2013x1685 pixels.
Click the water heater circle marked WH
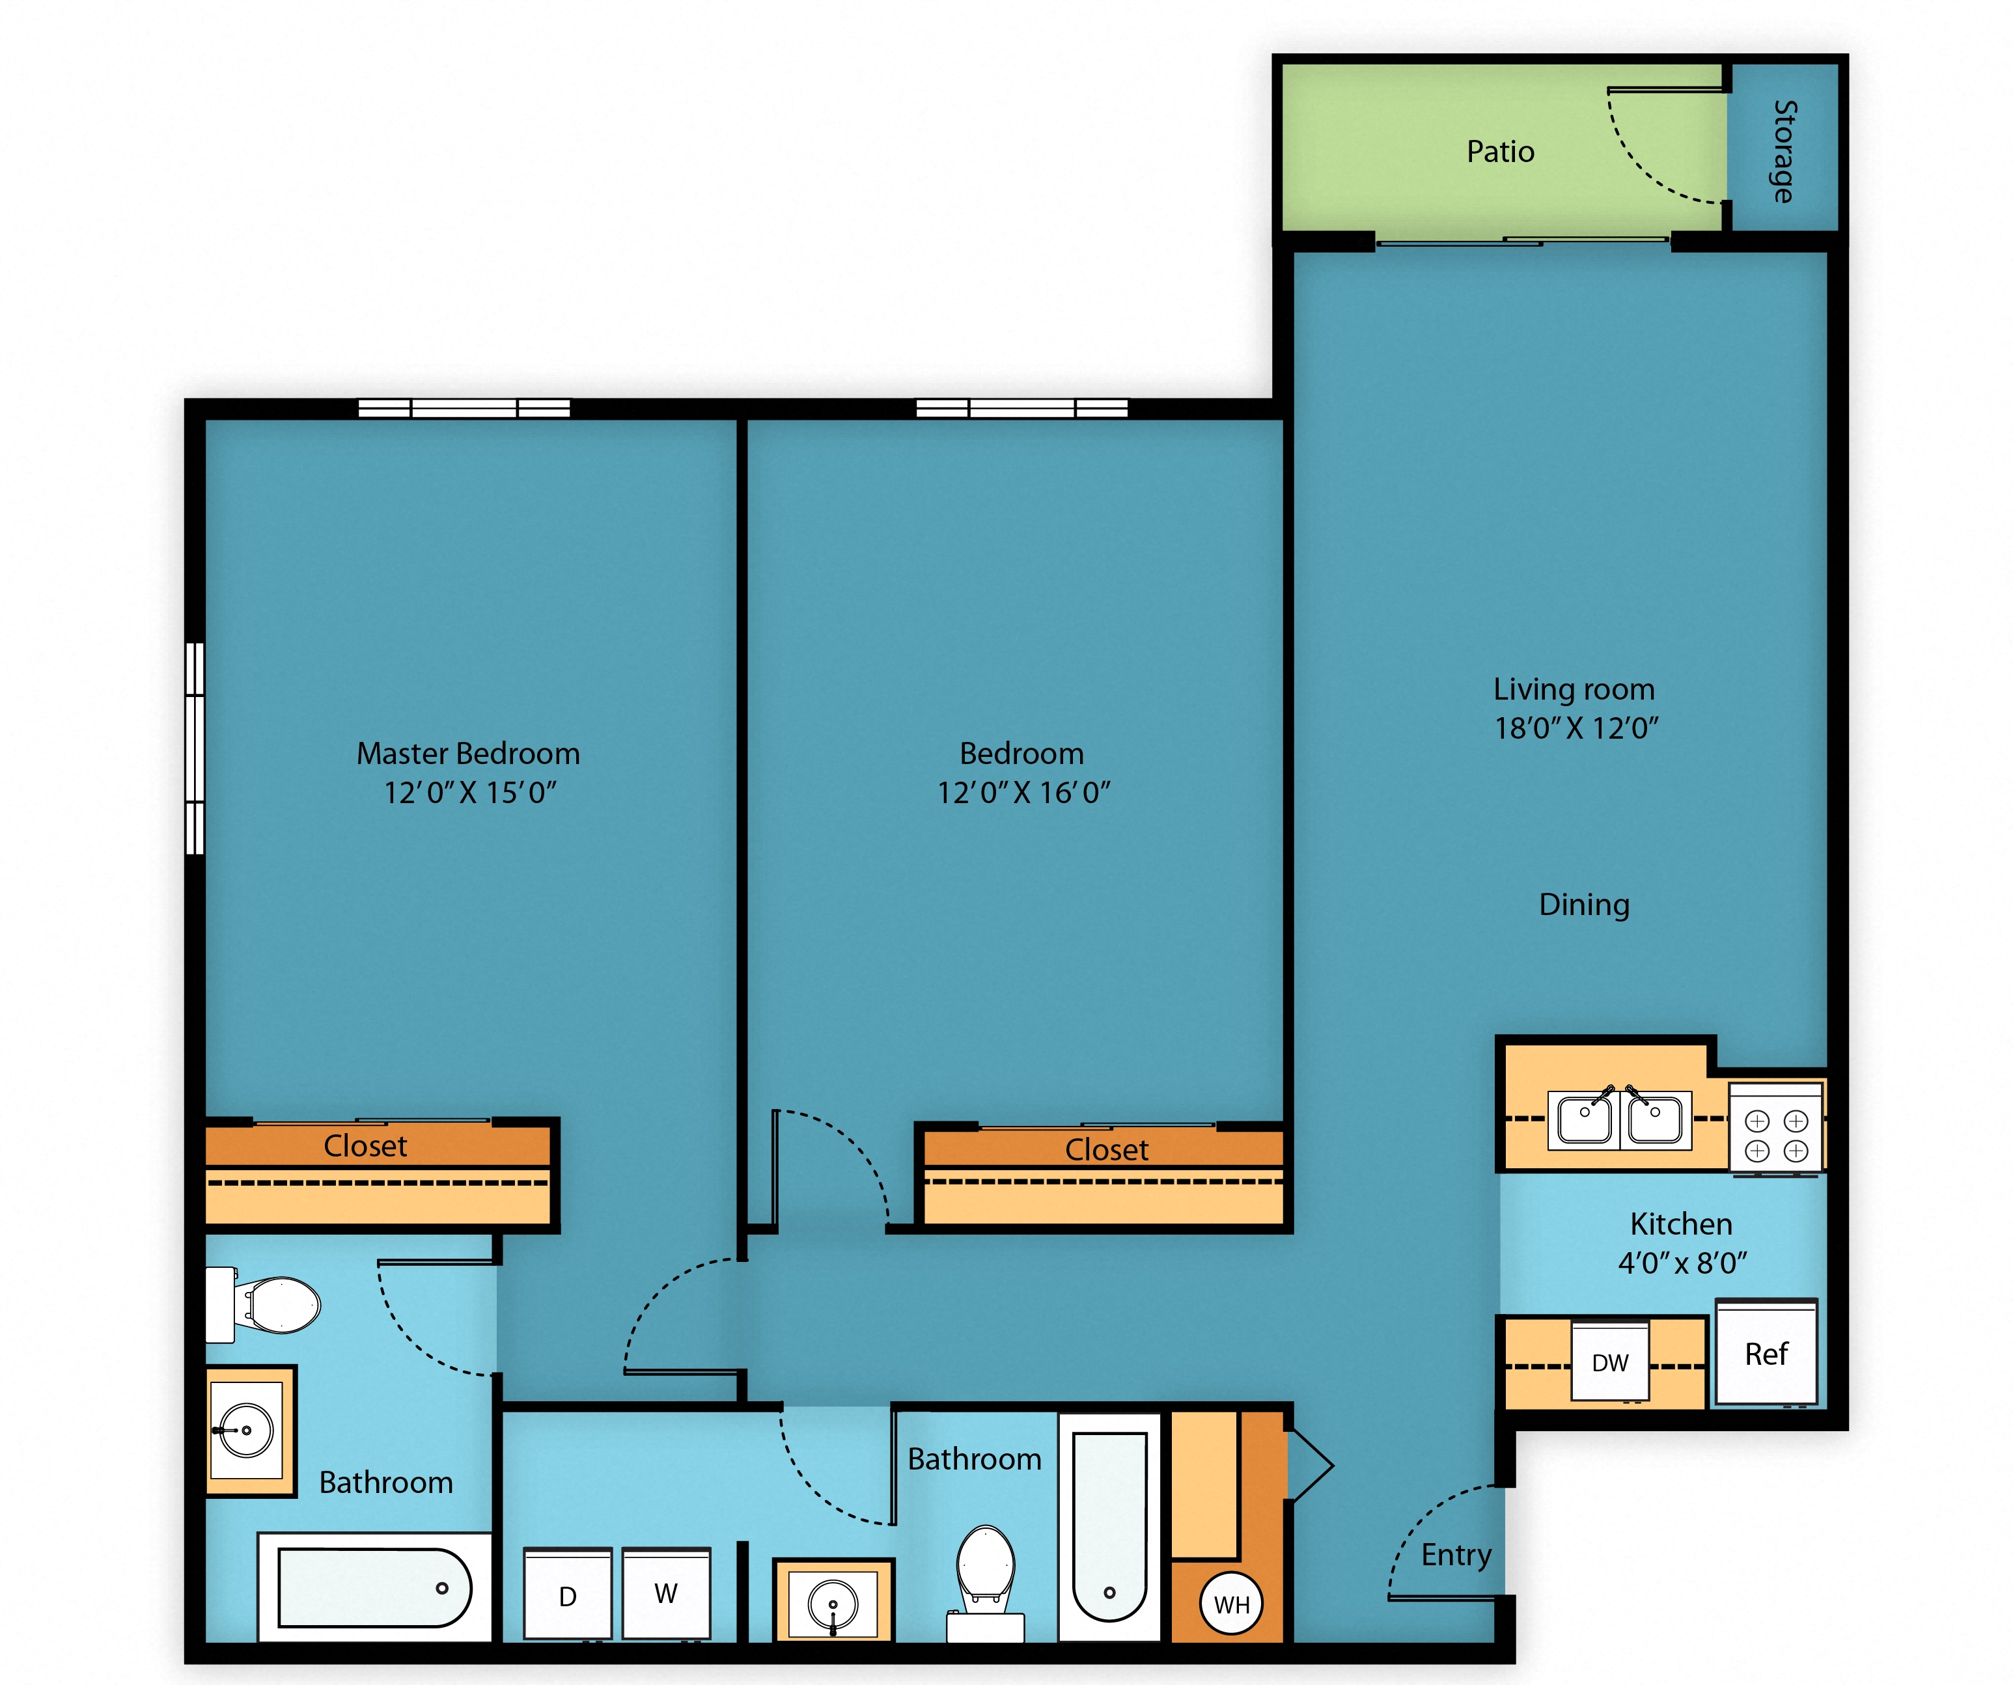(1232, 1604)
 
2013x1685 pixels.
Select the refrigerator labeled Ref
(1766, 1352)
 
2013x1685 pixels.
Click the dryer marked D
(568, 1593)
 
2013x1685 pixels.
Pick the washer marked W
(666, 1593)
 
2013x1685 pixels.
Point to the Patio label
(1500, 152)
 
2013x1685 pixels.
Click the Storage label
(1783, 152)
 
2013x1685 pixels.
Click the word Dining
(1585, 905)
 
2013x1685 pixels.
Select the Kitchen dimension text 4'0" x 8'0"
(1682, 1263)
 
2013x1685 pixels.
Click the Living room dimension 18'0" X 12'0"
(1576, 728)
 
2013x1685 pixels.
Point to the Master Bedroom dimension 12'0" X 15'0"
(469, 793)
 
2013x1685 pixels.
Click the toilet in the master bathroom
(264, 1304)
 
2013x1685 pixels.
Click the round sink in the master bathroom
(246, 1430)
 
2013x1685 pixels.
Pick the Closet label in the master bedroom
(365, 1146)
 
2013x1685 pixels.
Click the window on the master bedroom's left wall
(195, 748)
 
